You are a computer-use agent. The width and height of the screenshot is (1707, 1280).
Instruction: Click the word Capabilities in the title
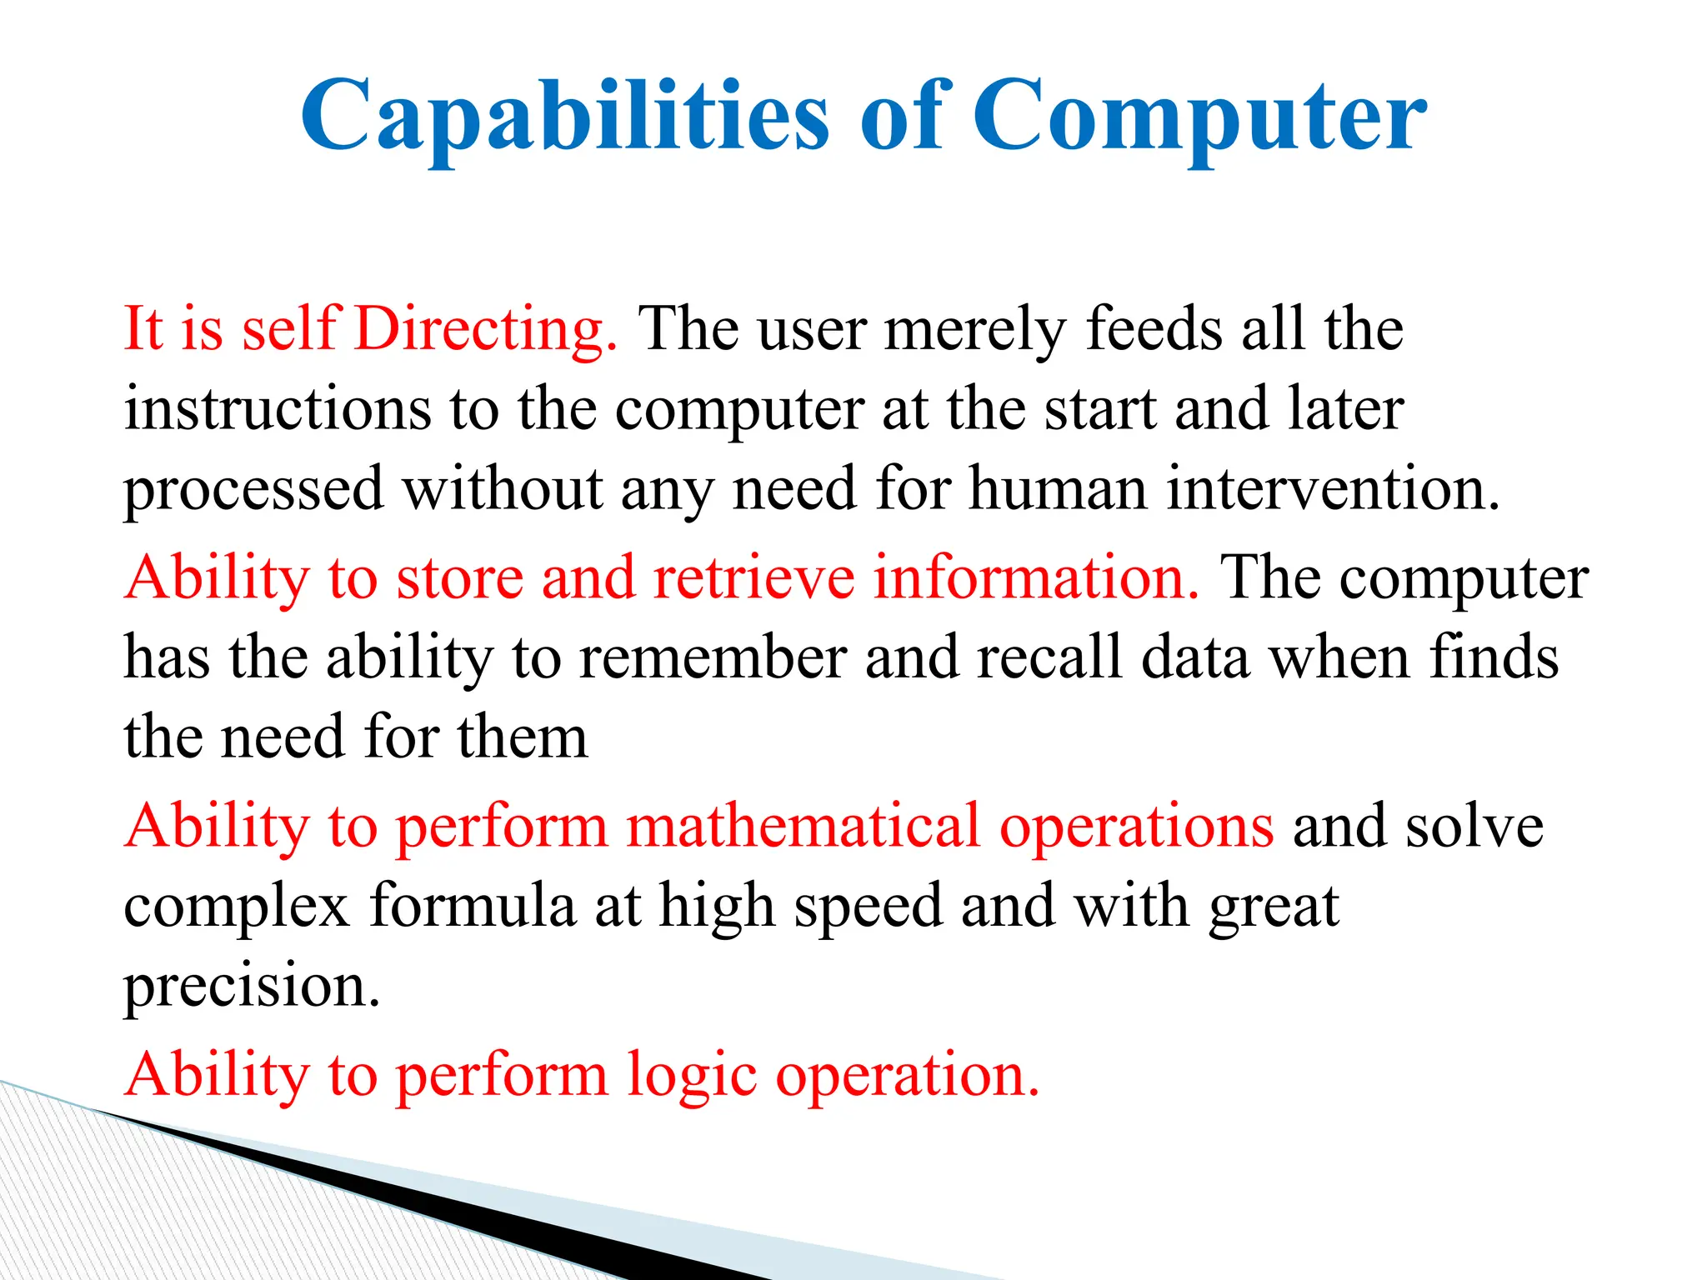pos(564,117)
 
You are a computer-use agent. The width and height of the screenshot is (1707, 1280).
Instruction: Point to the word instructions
pos(278,409)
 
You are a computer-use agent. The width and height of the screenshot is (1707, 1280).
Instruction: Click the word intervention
pos(1333,489)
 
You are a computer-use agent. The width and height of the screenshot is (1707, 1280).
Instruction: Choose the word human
pos(1058,489)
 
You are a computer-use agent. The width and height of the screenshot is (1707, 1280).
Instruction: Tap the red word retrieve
pos(753,577)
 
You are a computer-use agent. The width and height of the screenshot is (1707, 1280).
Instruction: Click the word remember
pos(713,657)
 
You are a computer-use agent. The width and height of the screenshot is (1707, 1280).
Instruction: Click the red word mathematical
pos(803,826)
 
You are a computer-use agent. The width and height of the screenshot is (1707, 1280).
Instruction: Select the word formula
pos(473,906)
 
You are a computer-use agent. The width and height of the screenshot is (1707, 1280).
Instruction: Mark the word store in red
pos(459,577)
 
